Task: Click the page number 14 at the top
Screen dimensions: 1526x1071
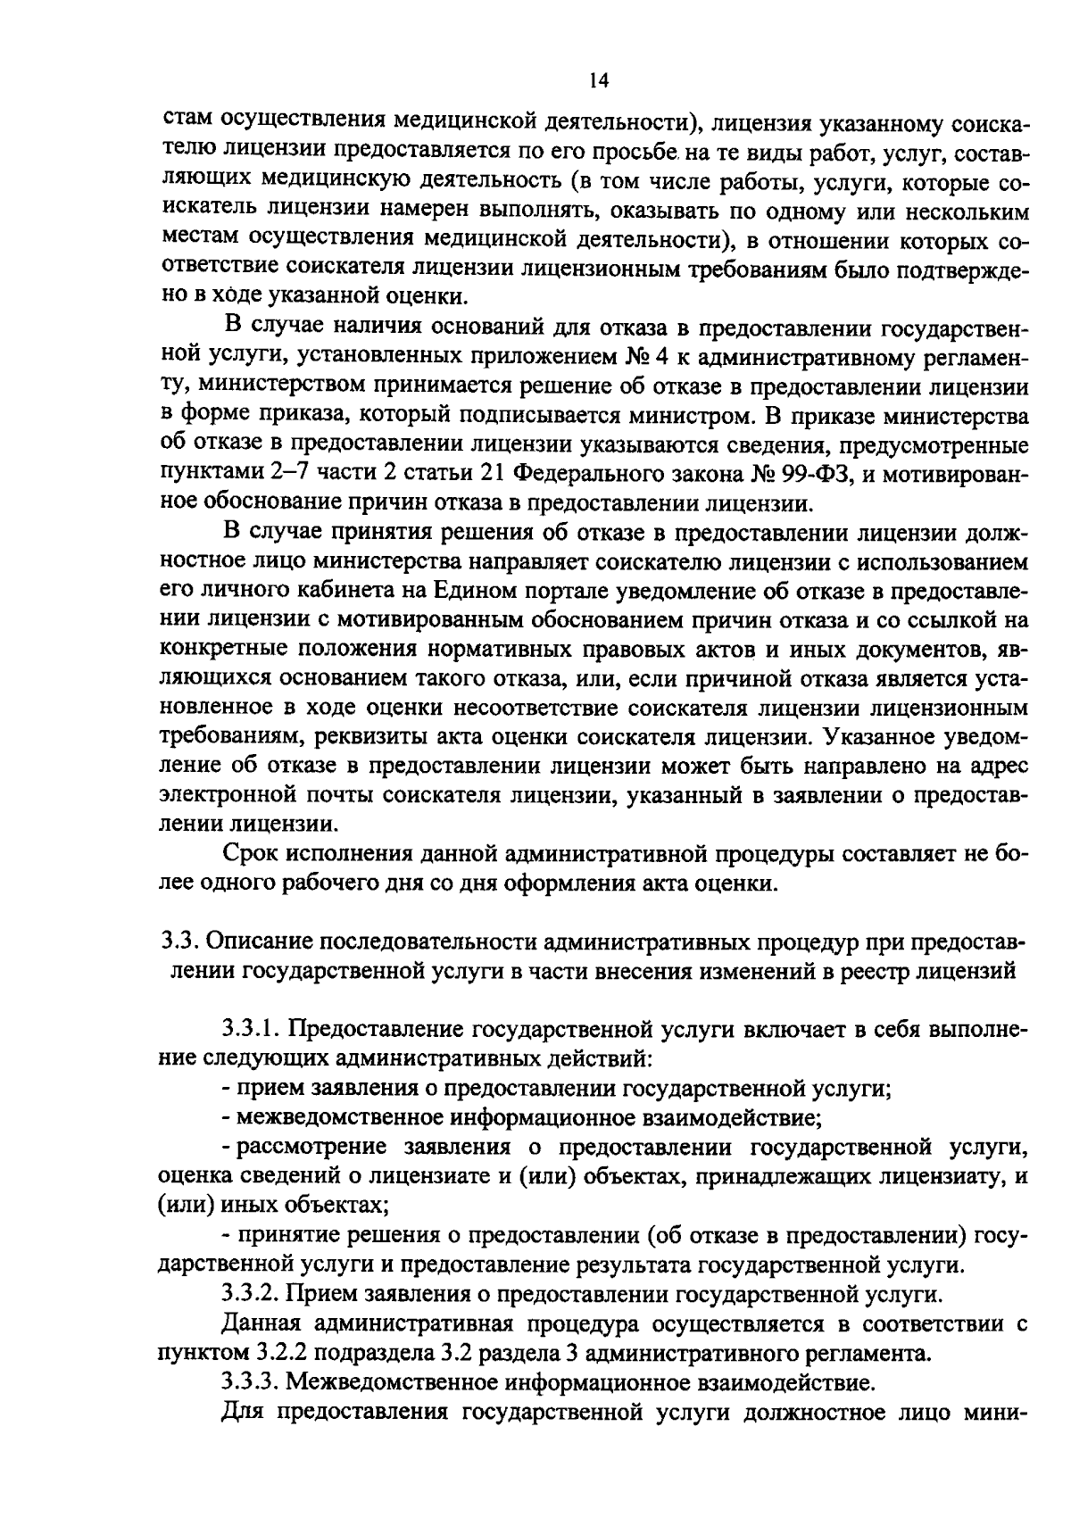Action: (x=598, y=81)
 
